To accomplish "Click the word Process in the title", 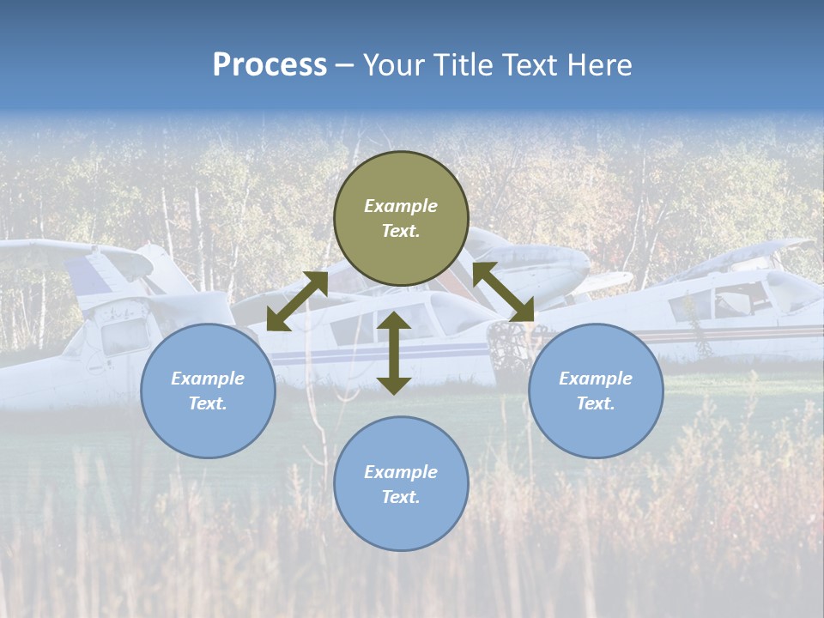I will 270,65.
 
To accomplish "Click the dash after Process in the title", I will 344,66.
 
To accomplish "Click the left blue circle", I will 208,391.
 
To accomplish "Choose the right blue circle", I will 595,391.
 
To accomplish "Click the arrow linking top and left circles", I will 297,301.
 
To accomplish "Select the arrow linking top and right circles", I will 503,292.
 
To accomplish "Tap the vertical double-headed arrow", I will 394,353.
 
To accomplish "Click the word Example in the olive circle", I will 401,206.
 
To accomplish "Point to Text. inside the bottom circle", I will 401,497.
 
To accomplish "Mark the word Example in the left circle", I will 208,379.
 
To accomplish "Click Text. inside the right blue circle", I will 595,403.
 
